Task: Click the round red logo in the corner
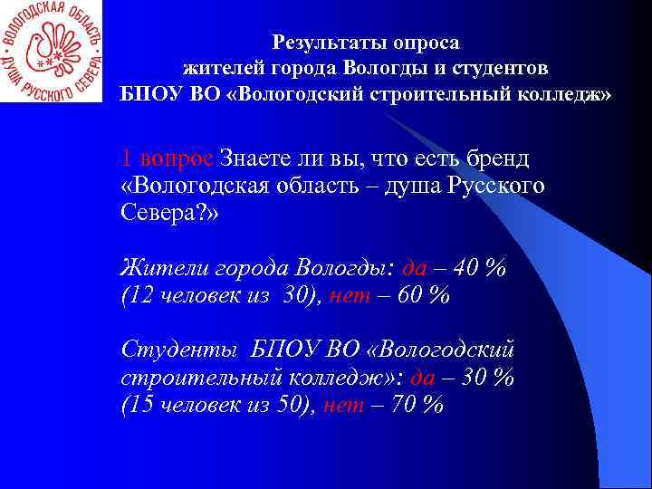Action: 52,51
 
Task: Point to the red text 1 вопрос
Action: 168,158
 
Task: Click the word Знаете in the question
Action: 263,158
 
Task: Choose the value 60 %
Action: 423,296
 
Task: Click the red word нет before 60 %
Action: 350,296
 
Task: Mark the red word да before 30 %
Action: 423,378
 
